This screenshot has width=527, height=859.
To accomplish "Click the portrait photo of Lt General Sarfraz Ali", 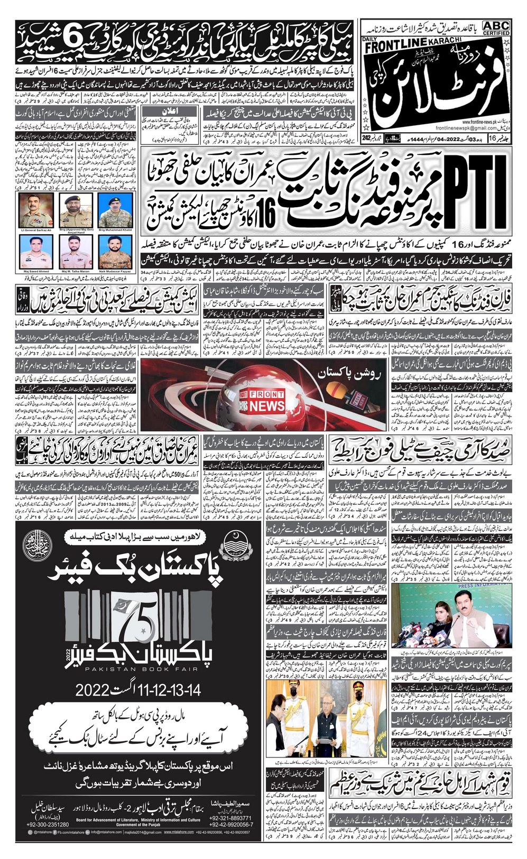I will (34, 211).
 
